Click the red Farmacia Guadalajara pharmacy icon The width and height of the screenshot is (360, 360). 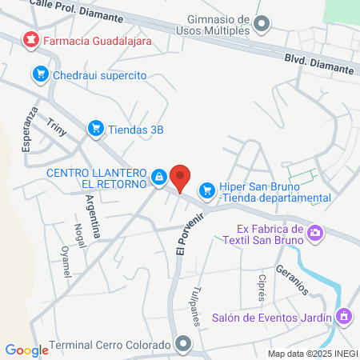pyautogui.click(x=30, y=38)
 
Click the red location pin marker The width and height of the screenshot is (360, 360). pyautogui.click(x=182, y=177)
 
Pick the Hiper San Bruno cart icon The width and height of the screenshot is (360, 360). pyautogui.click(x=207, y=189)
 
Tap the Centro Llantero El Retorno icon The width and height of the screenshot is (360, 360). pyautogui.click(x=159, y=176)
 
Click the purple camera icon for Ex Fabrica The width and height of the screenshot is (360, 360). pyautogui.click(x=316, y=232)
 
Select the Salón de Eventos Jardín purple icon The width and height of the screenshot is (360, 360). pyautogui.click(x=344, y=317)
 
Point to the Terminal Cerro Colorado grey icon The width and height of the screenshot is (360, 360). pyautogui.click(x=184, y=346)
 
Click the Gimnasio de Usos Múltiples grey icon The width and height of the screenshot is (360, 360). pyautogui.click(x=262, y=26)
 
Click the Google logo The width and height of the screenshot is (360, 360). pyautogui.click(x=27, y=350)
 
